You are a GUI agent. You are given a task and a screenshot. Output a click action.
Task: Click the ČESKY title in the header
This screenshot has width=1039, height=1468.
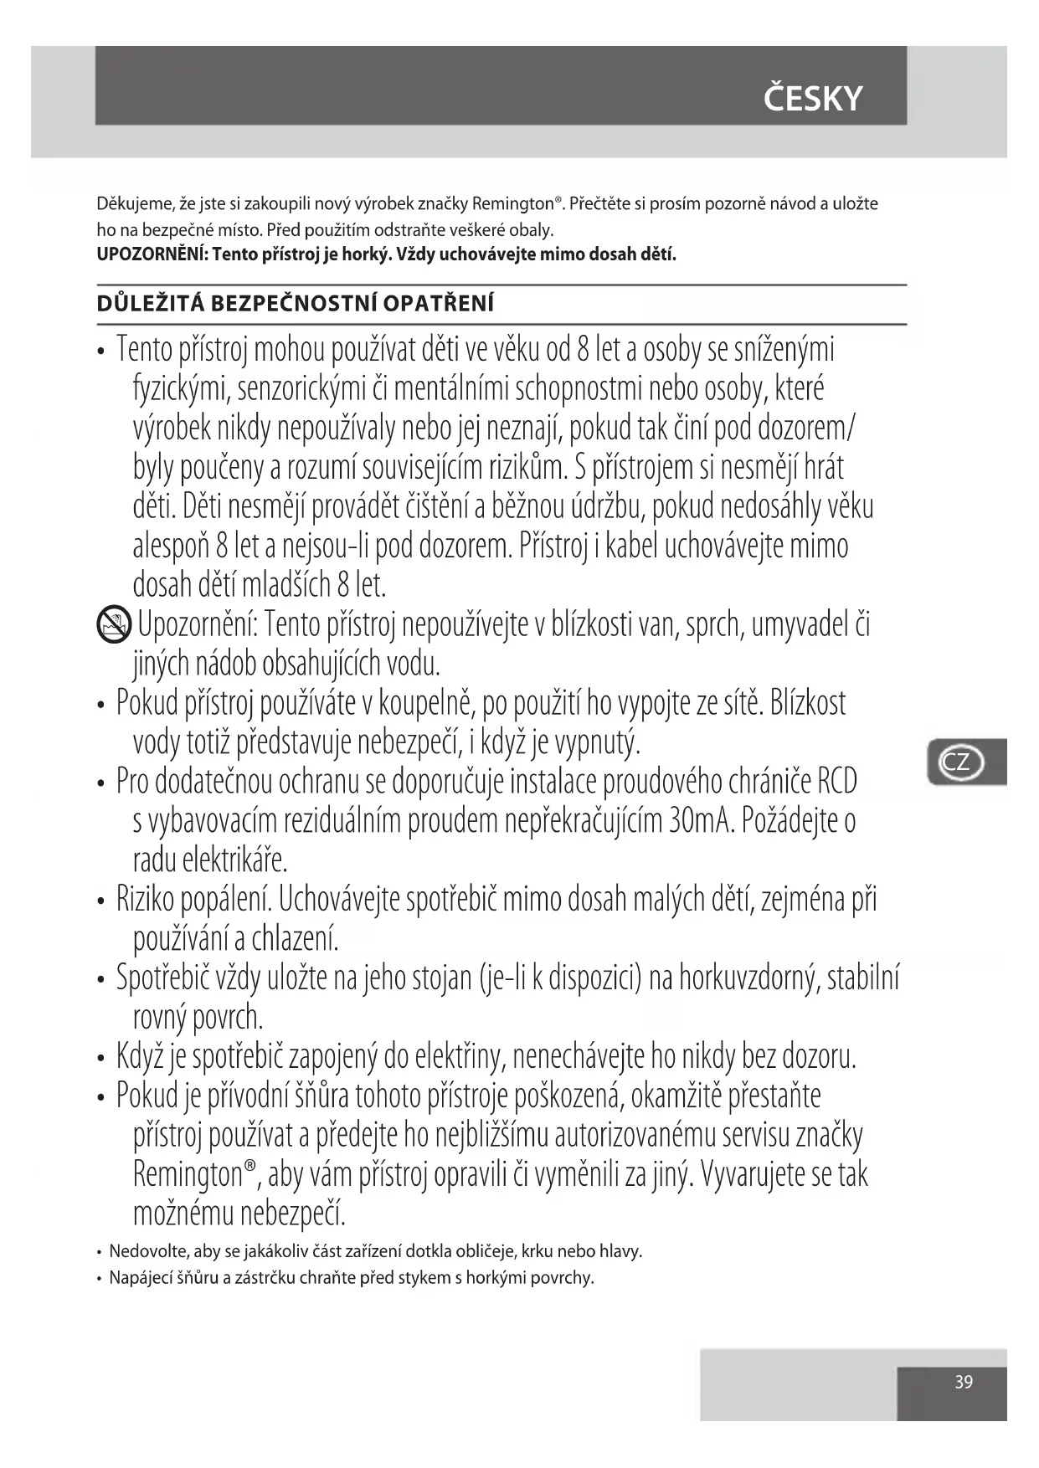coord(812,99)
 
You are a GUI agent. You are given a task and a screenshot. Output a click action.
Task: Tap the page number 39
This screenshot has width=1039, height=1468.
coord(964,1382)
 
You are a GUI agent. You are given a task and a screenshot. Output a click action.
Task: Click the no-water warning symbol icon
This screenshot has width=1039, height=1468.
coord(113,624)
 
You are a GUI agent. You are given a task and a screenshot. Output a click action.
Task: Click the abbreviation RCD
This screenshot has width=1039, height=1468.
coord(836,782)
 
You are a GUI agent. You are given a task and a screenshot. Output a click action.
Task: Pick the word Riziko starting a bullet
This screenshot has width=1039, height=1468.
coord(145,900)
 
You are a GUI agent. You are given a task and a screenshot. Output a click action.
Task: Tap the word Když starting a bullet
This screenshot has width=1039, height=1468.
coord(140,1057)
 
